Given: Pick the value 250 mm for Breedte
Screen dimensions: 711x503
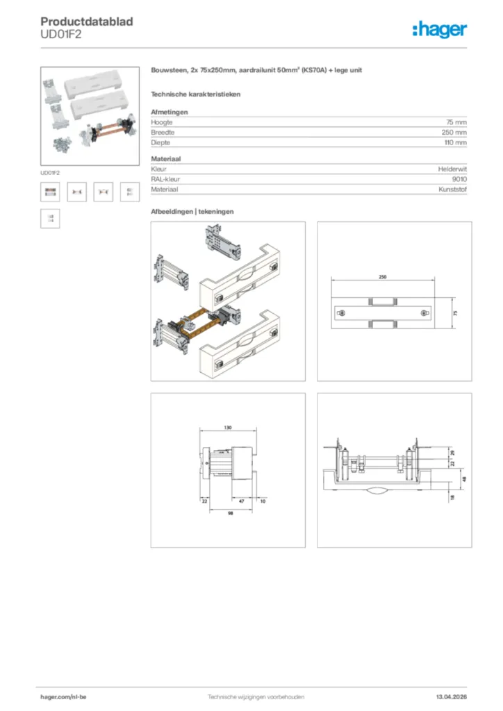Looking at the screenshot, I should [x=454, y=132].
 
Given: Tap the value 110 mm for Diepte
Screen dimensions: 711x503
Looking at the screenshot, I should [x=455, y=142].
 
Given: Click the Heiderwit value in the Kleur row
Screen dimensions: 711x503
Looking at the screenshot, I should [x=452, y=169].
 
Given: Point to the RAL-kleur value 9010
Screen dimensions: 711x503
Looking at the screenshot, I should [x=459, y=179].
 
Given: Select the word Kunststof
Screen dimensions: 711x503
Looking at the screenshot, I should [x=453, y=190].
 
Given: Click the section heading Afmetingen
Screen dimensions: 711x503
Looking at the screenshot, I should [x=169, y=112].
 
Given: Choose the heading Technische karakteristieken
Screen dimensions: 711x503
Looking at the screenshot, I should [x=195, y=94].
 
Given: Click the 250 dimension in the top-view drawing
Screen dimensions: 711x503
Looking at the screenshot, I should [x=383, y=276].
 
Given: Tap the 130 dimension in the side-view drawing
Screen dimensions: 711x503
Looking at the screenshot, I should [x=228, y=428].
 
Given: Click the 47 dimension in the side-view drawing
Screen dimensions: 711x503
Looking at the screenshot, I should [x=241, y=500].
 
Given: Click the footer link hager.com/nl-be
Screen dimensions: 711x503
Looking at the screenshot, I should [x=63, y=696].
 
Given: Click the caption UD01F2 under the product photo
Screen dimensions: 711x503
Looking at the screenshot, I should [x=49, y=172].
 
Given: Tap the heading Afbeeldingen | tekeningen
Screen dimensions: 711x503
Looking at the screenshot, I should [x=192, y=211].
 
